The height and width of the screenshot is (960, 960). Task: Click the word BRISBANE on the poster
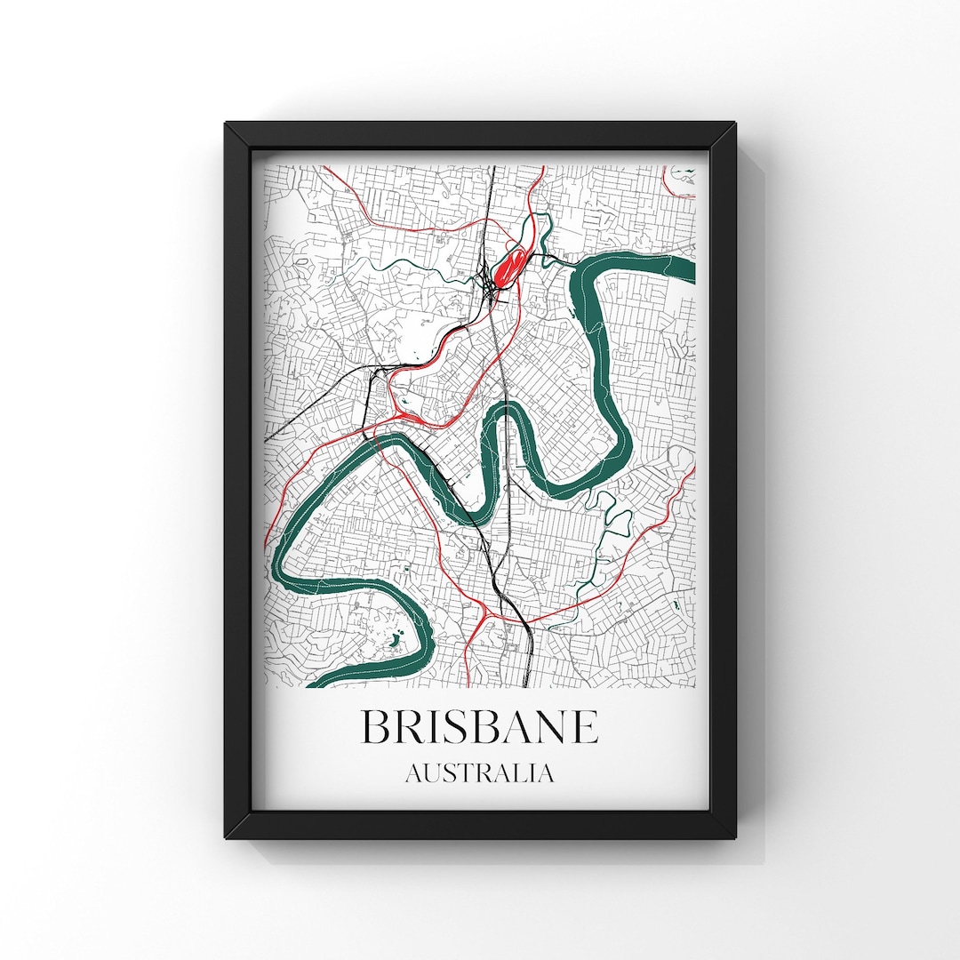(x=479, y=726)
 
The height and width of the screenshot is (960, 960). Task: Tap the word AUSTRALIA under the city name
(x=479, y=773)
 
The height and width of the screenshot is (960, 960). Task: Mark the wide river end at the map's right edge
(x=684, y=267)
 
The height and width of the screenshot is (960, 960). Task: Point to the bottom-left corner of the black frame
(x=228, y=837)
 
